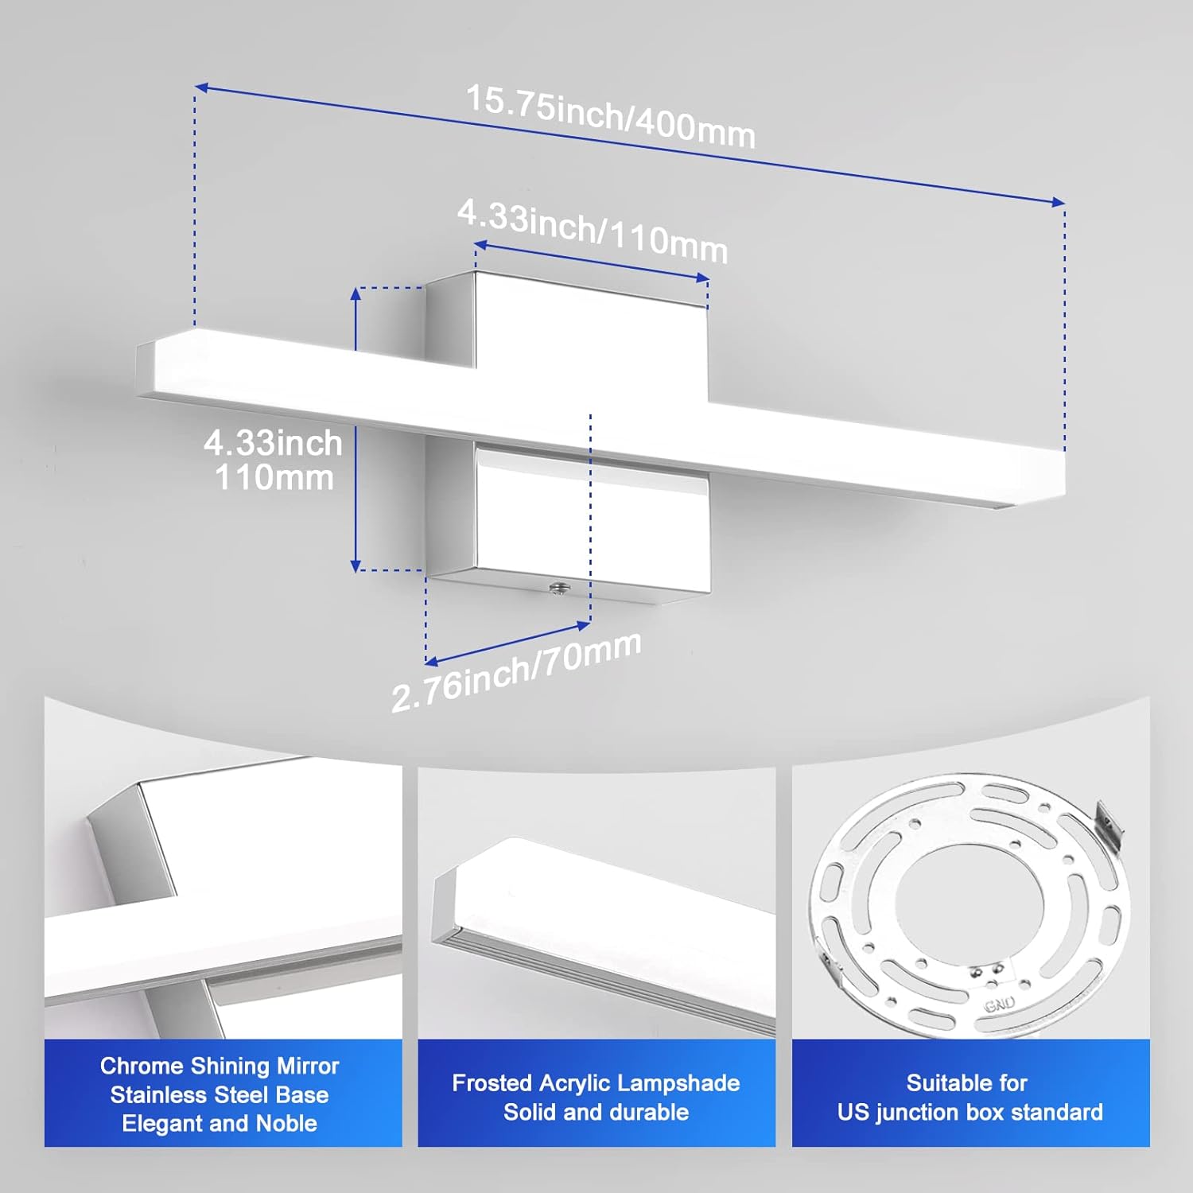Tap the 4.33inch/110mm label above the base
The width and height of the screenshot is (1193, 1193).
tap(593, 231)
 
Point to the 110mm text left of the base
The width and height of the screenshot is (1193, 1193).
tap(274, 478)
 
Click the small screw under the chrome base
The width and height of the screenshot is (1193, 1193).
tap(558, 589)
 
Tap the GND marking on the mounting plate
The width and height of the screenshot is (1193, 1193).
tap(999, 1005)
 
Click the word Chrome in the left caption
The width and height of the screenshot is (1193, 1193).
tap(142, 1066)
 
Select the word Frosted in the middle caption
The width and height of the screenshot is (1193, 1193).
tap(493, 1083)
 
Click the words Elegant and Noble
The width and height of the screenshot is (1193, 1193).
tap(220, 1123)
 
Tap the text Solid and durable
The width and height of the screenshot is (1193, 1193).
tap(596, 1112)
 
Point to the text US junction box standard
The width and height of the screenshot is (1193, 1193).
tap(970, 1112)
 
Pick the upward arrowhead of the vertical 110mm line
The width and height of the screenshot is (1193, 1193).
tap(356, 293)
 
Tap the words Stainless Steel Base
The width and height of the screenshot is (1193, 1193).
tap(220, 1094)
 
